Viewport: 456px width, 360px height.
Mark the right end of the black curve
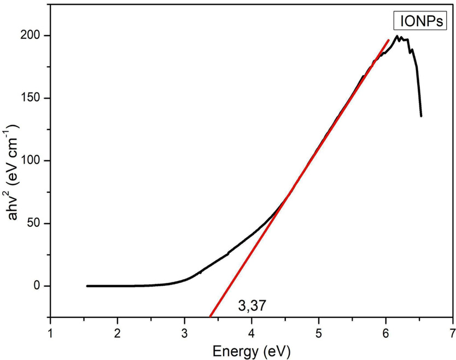coord(421,116)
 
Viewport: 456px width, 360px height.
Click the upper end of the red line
coord(388,40)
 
